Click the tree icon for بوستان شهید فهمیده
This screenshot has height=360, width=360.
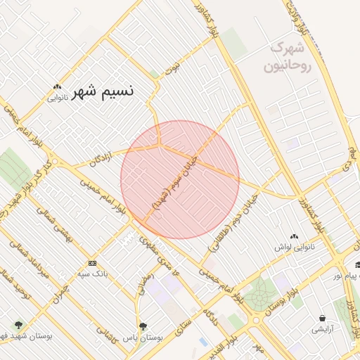pyautogui.click(x=18, y=325)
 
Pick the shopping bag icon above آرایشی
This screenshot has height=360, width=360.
pyautogui.click(x=321, y=318)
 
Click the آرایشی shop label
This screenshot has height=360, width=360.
pyautogui.click(x=321, y=328)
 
